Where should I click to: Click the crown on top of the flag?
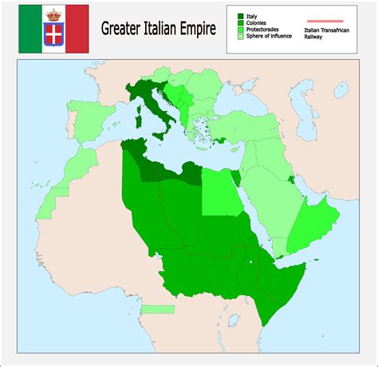[x=54, y=14]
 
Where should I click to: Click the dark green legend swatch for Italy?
[x=241, y=15]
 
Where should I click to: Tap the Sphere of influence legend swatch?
[x=241, y=37]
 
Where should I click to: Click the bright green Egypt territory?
[x=221, y=191]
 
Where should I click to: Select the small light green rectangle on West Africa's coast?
[x=157, y=309]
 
